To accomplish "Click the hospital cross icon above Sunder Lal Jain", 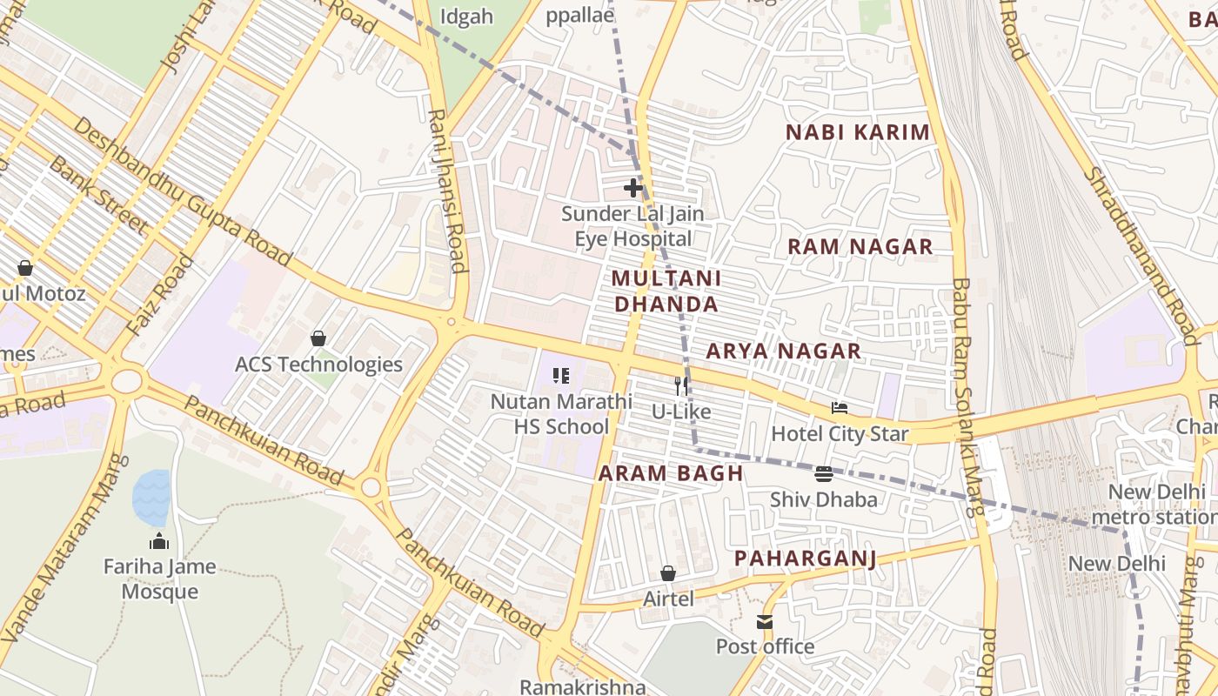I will (633, 187).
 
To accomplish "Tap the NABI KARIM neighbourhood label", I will (858, 132).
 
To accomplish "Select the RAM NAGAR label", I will (860, 246).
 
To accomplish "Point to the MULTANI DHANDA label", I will (666, 291).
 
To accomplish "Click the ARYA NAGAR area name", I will (783, 351).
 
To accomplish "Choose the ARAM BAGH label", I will (671, 473).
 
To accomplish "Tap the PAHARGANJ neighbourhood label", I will (805, 558).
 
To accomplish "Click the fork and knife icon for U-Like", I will (681, 385).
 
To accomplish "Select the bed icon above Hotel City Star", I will (840, 407).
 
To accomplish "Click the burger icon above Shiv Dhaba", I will (823, 474).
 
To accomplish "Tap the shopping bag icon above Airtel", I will (668, 573).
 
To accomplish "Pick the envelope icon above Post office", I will (765, 621).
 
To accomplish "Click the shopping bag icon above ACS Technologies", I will (318, 338).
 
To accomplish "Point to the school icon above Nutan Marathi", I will (561, 376).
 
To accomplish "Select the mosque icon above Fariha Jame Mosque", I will (159, 541).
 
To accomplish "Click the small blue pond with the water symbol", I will (151, 497).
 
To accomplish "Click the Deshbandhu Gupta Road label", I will (183, 191).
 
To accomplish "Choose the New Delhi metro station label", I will (1161, 505).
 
